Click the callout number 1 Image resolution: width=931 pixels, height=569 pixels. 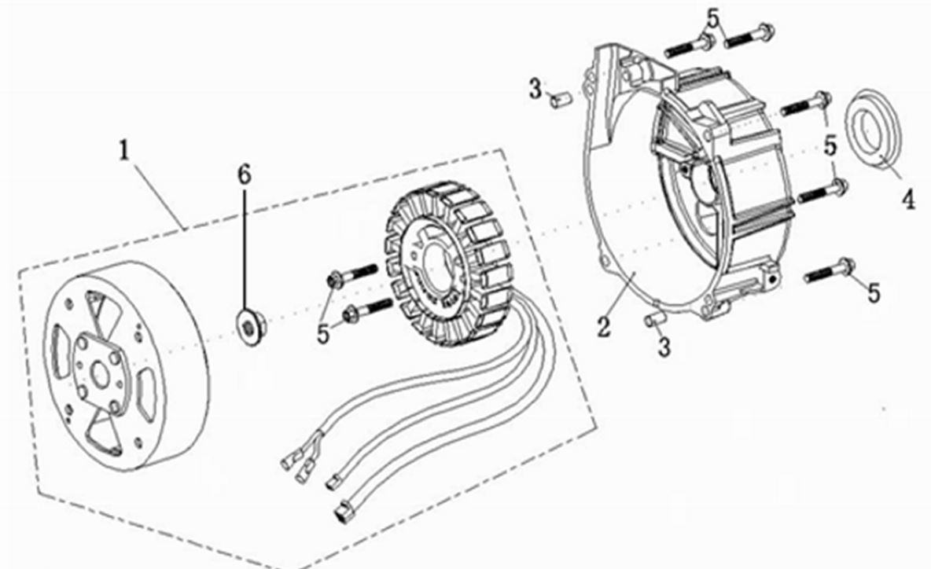(x=123, y=151)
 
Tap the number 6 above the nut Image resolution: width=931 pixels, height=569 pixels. (x=244, y=174)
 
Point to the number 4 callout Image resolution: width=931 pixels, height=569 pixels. (x=908, y=200)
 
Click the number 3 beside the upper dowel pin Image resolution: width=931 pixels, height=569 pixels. (x=535, y=90)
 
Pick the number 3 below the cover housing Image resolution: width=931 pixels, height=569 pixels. (x=664, y=347)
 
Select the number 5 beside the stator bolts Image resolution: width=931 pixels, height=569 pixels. (x=322, y=333)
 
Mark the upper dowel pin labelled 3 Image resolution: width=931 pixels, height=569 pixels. (x=560, y=98)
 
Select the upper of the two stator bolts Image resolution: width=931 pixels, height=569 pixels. (x=351, y=275)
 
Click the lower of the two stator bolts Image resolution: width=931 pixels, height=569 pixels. (x=367, y=309)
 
